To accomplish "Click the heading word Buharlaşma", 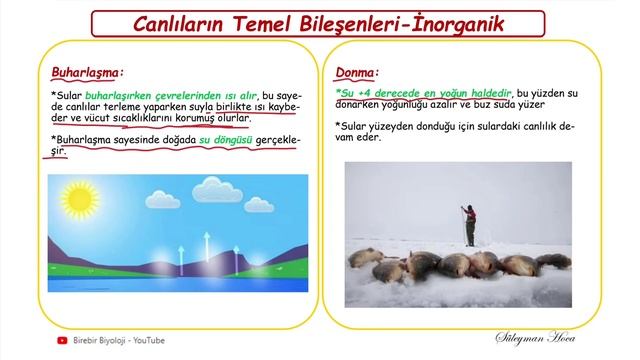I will [86, 72].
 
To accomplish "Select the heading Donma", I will [356, 73].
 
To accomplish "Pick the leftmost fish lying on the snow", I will [366, 258].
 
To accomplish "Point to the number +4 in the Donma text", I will [363, 92].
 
